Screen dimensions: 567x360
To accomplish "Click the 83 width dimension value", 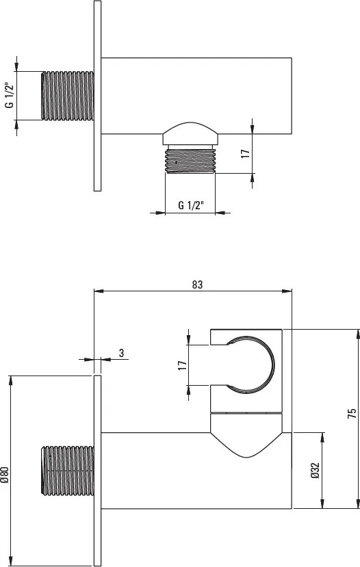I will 198,284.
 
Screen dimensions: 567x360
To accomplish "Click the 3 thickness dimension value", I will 121,353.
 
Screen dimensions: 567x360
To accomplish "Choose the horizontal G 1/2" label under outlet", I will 190,205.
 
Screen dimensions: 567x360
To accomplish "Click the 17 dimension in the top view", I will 244,153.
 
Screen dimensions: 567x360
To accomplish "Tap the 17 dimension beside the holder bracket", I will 182,366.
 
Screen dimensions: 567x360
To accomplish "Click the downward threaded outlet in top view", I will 191,161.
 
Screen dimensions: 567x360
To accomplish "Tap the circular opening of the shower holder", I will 250,366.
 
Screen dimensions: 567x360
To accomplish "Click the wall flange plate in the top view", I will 97,96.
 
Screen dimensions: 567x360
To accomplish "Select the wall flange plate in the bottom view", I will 97,471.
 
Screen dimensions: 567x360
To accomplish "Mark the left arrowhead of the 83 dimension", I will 97,291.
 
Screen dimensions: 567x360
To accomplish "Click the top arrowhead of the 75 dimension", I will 356,332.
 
